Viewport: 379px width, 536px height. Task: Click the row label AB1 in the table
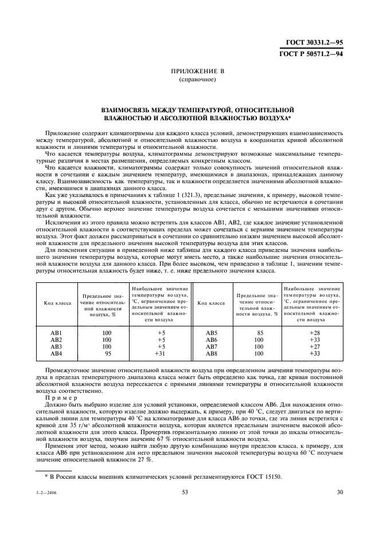tap(56, 333)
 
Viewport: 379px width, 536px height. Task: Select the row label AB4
tap(56, 354)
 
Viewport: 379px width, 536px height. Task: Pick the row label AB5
tap(212, 333)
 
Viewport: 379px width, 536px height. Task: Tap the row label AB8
tap(212, 354)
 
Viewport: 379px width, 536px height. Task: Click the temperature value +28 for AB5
tap(314, 333)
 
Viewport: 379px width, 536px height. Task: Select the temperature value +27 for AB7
tap(314, 347)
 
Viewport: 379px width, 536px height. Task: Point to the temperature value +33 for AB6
tap(314, 340)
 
